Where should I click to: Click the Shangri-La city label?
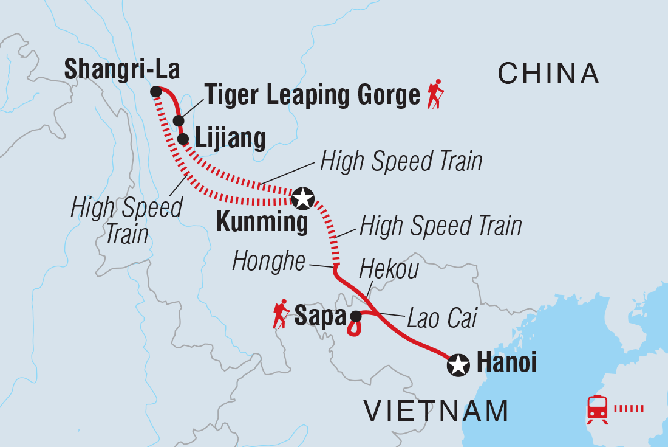(121, 70)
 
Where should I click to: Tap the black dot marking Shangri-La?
(155, 92)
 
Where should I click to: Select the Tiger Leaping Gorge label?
(312, 95)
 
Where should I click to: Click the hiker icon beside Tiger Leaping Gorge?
(435, 95)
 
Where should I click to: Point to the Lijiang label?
(230, 139)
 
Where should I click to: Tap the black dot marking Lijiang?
(183, 139)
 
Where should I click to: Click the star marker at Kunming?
(303, 198)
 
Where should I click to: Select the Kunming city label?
(262, 223)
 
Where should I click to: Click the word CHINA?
(548, 74)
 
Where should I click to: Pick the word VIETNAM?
(436, 411)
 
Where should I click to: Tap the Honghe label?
(268, 262)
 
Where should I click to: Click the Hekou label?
(389, 269)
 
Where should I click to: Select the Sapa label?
(319, 316)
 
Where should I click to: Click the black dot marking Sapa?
(356, 316)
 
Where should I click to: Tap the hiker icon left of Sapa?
(281, 314)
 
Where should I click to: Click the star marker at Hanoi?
(458, 365)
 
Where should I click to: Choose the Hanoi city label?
(507, 363)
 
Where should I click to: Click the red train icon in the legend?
(597, 409)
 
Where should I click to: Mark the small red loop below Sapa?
(354, 329)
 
